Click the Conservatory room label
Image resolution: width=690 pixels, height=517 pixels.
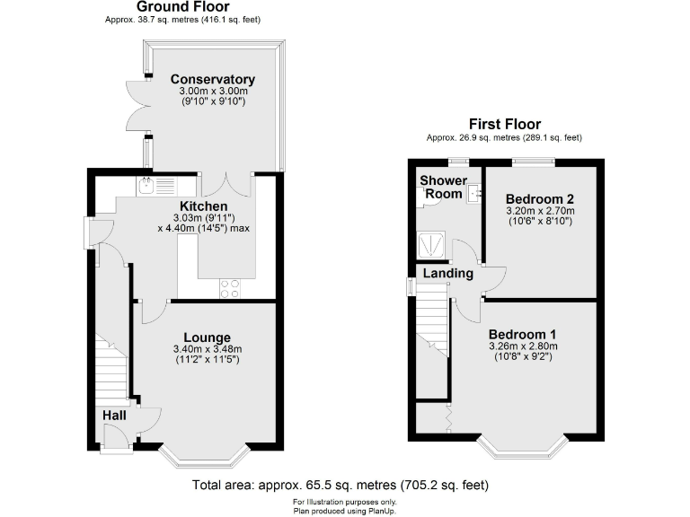click(213, 79)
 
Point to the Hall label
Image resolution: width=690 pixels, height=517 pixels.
click(113, 416)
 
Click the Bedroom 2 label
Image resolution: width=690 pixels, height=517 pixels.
click(539, 198)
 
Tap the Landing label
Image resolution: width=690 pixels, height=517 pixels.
click(448, 273)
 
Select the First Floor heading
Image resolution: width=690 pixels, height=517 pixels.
click(504, 124)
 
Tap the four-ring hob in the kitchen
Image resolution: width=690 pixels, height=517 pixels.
click(230, 288)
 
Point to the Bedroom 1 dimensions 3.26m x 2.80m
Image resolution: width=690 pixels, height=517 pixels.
click(523, 346)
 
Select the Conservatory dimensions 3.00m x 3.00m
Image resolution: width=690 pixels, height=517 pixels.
click(213, 91)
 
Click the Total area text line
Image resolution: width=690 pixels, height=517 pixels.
click(341, 485)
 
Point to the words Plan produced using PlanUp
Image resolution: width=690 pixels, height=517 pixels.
click(345, 510)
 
